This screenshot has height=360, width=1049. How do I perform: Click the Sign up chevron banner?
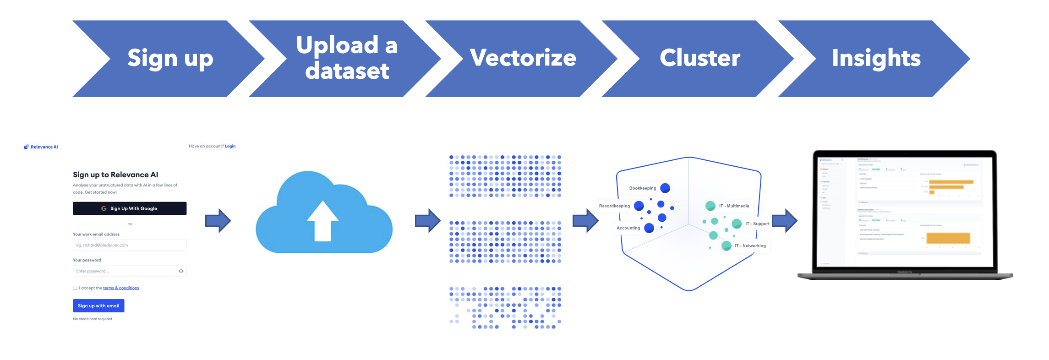[x=169, y=59]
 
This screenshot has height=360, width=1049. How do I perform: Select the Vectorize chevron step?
[x=523, y=59]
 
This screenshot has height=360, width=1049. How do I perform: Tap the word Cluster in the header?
[x=699, y=58]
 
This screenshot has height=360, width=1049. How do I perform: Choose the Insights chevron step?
[x=875, y=59]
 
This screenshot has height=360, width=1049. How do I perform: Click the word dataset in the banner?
[x=347, y=71]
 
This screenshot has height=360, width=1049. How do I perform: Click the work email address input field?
[x=130, y=245]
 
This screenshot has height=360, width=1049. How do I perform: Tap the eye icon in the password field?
[x=181, y=271]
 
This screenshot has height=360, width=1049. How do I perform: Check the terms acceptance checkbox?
[x=75, y=288]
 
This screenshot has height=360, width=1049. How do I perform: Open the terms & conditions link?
[x=121, y=288]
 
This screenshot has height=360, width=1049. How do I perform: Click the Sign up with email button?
[x=98, y=306]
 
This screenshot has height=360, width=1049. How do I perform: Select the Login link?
[x=230, y=147]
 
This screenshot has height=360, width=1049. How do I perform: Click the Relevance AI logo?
[x=41, y=147]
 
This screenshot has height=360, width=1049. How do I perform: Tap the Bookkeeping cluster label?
[x=642, y=188]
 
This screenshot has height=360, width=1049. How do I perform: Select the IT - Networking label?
[x=750, y=246]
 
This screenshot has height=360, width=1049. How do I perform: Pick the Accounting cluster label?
[x=628, y=228]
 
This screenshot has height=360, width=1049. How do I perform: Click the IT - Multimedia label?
[x=734, y=206]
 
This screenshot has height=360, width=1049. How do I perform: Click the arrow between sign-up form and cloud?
[x=218, y=221]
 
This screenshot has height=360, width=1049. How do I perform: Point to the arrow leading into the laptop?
[x=785, y=221]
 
